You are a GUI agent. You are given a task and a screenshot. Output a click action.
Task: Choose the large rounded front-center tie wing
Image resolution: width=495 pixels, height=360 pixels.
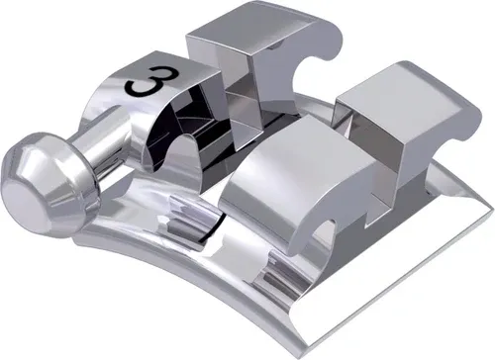(x=267, y=178)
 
